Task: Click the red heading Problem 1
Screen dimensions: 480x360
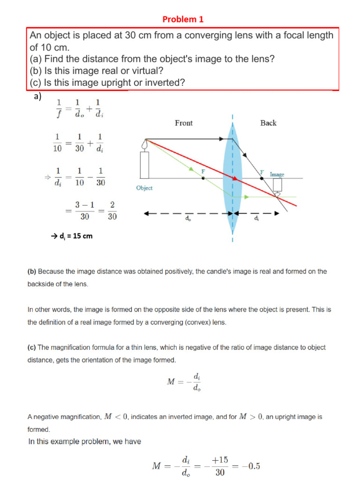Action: coord(183,19)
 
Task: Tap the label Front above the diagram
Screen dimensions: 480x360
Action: coord(184,123)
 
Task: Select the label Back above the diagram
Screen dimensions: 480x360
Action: coord(268,123)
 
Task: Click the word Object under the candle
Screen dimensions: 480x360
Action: coord(144,188)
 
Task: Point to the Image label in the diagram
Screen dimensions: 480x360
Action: coord(277,174)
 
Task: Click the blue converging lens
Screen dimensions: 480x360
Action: coord(232,178)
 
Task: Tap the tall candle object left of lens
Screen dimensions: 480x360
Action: coord(144,162)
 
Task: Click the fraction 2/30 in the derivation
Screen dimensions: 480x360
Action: coord(112,211)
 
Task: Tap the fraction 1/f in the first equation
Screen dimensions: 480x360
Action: coord(59,109)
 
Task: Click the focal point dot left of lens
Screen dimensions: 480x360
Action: coord(203,179)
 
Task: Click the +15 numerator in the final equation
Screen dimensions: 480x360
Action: coord(220,460)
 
